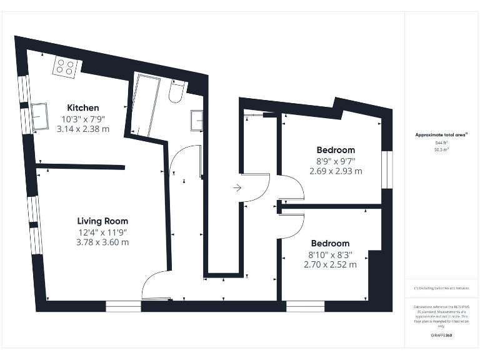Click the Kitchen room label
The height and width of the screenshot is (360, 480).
83,107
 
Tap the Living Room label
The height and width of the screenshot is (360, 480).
102,221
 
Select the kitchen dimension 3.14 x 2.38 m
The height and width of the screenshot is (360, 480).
83,129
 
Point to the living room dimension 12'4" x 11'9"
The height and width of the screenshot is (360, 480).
102,232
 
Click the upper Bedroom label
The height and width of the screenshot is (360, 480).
336,150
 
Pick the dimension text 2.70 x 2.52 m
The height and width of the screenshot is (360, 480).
330,265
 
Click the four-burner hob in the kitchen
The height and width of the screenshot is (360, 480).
65,66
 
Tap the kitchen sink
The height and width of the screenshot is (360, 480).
39,115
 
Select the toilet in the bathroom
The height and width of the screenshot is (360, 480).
176,92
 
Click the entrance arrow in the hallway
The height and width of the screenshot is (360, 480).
237,187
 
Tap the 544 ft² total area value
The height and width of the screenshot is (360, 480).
441,143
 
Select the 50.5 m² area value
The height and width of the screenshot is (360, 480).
441,150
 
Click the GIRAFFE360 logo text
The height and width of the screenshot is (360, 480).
441,336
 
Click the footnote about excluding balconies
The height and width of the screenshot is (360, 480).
441,288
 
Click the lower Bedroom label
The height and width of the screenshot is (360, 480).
330,243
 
